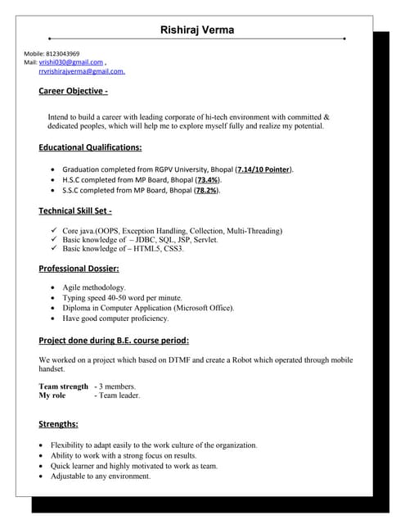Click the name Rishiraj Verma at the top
(197, 29)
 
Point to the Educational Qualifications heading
(90, 147)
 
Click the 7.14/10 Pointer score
(263, 169)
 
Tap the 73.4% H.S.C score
(207, 179)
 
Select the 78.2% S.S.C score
(205, 190)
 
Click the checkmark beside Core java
(54, 231)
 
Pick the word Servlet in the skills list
(205, 240)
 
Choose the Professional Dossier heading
(79, 269)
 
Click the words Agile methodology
(94, 288)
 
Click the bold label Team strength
(63, 386)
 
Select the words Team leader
(119, 395)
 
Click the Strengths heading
(59, 424)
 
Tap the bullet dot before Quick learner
(43, 466)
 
